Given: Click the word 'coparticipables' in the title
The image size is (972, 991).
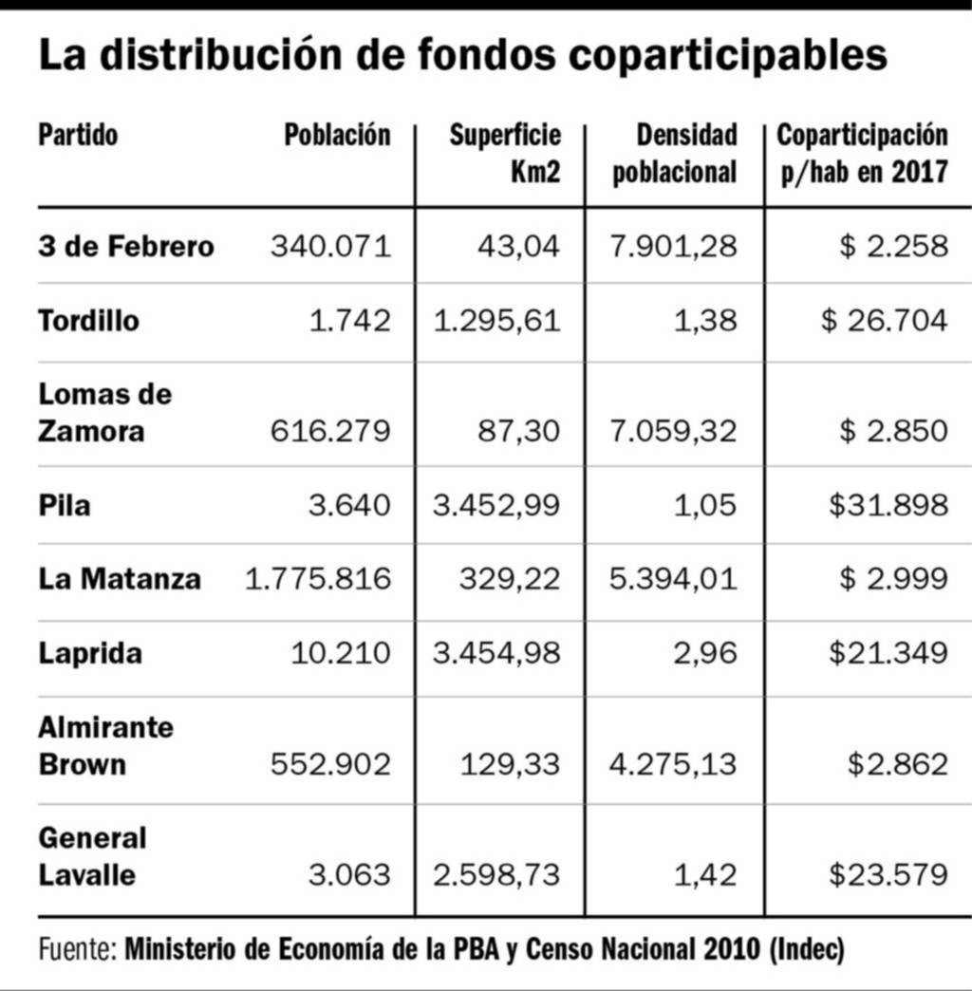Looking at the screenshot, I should (728, 57).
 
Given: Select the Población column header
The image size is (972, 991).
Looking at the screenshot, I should (337, 136).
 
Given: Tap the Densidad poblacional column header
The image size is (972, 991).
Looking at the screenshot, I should (675, 153).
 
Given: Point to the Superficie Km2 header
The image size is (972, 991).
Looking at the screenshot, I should (505, 153).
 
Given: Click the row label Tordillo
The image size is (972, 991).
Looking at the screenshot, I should (88, 321).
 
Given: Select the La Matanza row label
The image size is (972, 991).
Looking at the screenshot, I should (120, 578).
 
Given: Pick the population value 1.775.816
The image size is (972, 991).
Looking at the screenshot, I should (318, 578).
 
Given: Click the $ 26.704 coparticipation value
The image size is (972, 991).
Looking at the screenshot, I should (885, 321).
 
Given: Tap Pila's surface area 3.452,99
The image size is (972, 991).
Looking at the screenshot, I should (496, 505).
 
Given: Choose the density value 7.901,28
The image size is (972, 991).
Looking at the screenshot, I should (673, 247).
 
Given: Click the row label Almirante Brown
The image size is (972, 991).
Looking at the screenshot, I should (105, 746).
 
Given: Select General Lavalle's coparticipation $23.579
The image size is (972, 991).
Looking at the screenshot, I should (888, 874).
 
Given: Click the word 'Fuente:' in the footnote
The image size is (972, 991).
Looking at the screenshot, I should (78, 948).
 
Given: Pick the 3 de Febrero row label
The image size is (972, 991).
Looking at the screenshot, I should (126, 247).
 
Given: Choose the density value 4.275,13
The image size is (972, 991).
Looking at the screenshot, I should (673, 765).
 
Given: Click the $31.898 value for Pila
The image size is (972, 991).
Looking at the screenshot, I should (888, 505).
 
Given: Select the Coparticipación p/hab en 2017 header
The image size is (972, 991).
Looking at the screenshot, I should (862, 153).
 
